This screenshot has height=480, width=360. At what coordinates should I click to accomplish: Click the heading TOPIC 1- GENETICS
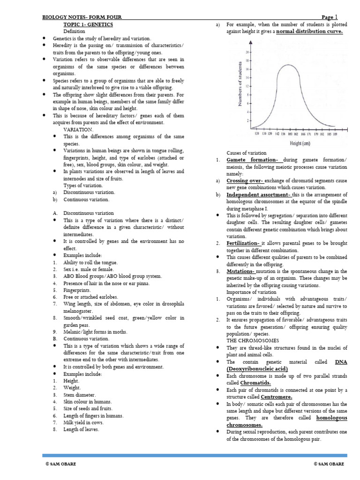coord(88,24)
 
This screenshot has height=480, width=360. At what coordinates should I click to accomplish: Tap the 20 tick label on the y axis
coord(247,52)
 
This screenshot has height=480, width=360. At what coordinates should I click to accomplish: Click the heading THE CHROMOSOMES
coord(253,340)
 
